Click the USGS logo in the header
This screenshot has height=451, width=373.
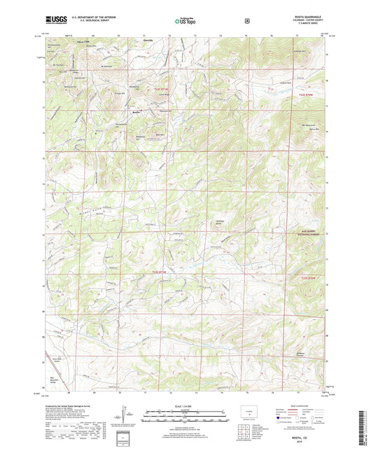click(52, 21)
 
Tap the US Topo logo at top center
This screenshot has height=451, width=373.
click(186, 22)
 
